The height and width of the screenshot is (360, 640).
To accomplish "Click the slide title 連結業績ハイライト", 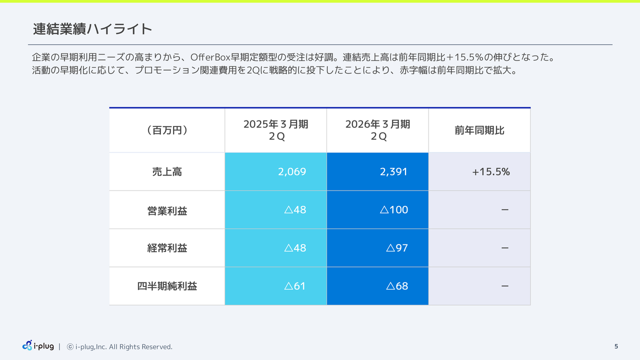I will (92, 29).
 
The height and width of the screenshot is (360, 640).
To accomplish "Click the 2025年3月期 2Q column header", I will (275, 130).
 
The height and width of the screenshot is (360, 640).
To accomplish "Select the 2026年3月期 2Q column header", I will (377, 130).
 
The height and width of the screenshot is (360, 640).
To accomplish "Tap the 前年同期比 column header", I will (479, 130).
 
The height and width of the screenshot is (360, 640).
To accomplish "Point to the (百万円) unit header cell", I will (167, 130).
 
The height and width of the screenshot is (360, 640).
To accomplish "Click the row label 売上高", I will (167, 172).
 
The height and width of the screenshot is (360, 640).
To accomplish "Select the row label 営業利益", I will (167, 210).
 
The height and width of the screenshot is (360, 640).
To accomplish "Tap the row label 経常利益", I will (167, 248).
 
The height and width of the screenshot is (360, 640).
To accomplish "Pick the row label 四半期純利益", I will (167, 286).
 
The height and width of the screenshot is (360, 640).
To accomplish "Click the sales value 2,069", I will (292, 172).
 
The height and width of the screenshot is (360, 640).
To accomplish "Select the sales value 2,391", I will (393, 172).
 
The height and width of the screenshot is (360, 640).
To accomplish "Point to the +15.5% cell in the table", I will (490, 172).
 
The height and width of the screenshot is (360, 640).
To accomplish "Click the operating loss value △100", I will (394, 210).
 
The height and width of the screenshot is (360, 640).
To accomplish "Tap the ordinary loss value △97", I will (397, 248).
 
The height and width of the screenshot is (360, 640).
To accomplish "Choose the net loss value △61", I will (294, 286).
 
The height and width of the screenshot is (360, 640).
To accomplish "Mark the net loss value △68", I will (397, 286).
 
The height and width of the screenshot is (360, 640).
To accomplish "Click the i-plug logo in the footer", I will (38, 345).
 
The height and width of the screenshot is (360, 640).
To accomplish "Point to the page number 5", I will (616, 346).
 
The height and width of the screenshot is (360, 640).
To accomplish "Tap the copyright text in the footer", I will (120, 346).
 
